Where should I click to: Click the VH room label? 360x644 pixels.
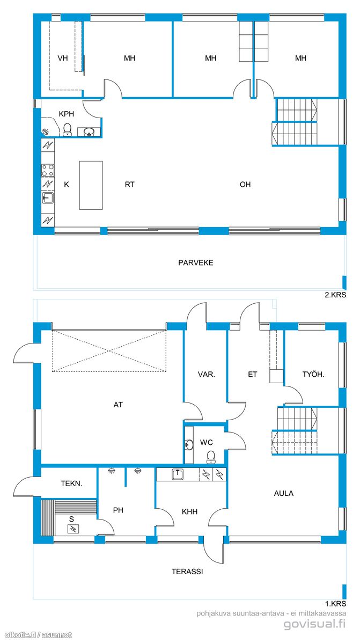(63, 58)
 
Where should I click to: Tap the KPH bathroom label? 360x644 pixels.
(67, 114)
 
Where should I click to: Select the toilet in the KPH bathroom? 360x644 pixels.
(67, 130)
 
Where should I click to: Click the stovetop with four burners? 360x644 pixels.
(48, 170)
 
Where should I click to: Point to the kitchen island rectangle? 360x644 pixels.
(91, 185)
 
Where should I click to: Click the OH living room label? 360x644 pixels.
(245, 184)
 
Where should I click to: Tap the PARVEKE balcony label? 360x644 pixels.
(196, 262)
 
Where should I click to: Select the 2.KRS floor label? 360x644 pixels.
(335, 295)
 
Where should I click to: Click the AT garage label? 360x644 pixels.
(118, 405)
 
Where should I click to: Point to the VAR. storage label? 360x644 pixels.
(206, 375)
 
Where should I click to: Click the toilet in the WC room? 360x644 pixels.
(211, 457)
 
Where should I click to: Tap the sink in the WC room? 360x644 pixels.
(189, 445)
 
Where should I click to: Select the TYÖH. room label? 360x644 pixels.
(313, 374)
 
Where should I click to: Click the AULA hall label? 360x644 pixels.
(284, 493)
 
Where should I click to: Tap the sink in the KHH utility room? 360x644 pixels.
(178, 474)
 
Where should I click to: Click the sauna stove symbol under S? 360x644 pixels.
(73, 529)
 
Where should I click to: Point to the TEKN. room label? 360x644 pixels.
(71, 484)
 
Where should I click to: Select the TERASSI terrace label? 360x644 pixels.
(187, 572)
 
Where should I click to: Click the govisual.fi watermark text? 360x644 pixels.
(314, 624)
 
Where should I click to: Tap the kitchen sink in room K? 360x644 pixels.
(48, 199)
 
